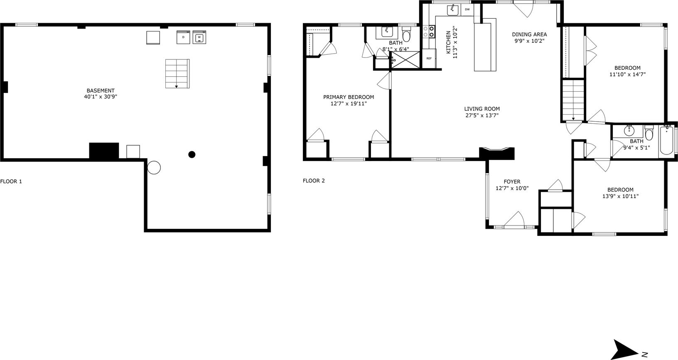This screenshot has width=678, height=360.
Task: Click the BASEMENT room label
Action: [x=101, y=91]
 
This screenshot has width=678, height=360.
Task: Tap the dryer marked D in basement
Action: [x=183, y=37]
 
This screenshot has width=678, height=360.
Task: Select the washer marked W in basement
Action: [x=199, y=37]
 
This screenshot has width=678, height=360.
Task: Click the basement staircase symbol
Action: [x=177, y=73]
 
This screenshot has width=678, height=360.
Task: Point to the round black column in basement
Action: [x=192, y=154]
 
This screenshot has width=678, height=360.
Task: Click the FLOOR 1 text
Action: [x=11, y=181]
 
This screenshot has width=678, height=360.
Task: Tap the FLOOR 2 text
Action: [x=314, y=181]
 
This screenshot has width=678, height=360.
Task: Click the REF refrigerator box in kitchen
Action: [x=429, y=59]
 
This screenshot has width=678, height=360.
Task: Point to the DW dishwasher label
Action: [x=467, y=9]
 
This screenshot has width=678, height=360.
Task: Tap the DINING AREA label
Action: [x=529, y=34]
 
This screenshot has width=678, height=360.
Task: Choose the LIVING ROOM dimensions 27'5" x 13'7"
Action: [x=482, y=116]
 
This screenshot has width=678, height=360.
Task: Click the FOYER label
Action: [x=512, y=181]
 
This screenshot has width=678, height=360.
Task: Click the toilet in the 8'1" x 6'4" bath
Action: [x=406, y=36]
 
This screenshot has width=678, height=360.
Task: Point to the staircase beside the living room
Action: [x=573, y=100]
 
